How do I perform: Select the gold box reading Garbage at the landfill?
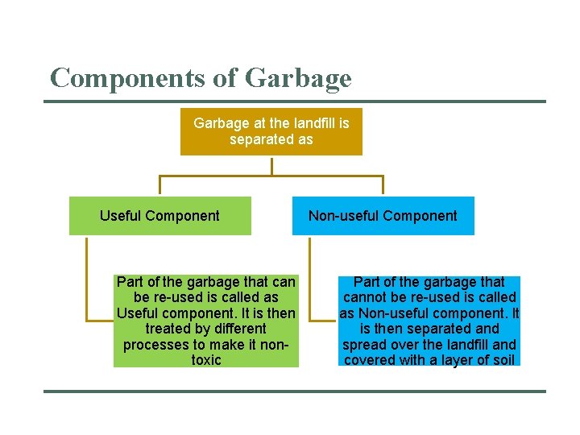tap(271, 131)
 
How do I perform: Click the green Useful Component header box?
tap(159, 216)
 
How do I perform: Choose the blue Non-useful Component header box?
tap(383, 216)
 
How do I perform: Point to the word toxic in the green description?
tap(206, 360)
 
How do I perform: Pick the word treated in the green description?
tap(167, 329)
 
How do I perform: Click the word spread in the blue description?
tap(363, 345)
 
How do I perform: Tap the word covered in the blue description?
tap(370, 360)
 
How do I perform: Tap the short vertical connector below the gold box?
tap(271, 165)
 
